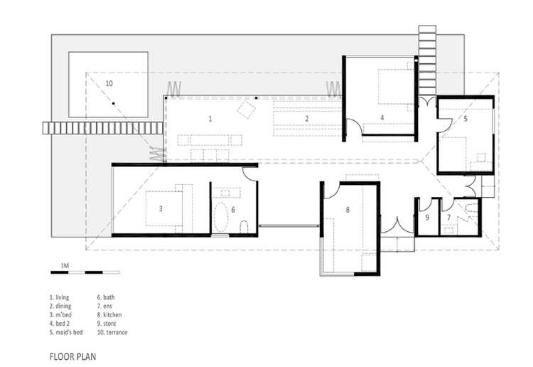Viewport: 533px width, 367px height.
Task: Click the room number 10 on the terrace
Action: pyautogui.click(x=109, y=83)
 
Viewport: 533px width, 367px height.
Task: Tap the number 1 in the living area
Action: pyautogui.click(x=210, y=119)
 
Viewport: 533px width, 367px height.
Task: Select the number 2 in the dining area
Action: pyautogui.click(x=307, y=119)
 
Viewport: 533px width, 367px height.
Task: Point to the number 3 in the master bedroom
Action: pyautogui.click(x=161, y=208)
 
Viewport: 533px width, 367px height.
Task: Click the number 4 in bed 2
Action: pyautogui.click(x=382, y=117)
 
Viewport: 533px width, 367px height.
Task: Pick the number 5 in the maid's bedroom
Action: pyautogui.click(x=465, y=118)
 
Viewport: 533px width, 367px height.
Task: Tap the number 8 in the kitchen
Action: pyautogui.click(x=348, y=210)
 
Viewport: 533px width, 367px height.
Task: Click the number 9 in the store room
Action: pyautogui.click(x=427, y=217)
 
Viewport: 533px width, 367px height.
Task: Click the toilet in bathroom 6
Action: pyautogui.click(x=244, y=227)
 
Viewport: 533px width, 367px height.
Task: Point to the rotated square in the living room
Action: pyautogui.click(x=247, y=110)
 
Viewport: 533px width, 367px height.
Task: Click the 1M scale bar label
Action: pyautogui.click(x=65, y=265)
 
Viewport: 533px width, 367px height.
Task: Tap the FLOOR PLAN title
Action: pyautogui.click(x=72, y=356)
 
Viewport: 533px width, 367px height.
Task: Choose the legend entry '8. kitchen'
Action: pyautogui.click(x=109, y=314)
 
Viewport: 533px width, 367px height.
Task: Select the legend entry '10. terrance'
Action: pyautogui.click(x=112, y=332)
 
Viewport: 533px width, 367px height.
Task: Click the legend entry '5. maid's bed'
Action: pyautogui.click(x=66, y=332)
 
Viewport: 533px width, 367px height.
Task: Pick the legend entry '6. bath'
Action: pyautogui.click(x=106, y=297)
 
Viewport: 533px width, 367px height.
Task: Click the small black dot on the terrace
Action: pyautogui.click(x=114, y=103)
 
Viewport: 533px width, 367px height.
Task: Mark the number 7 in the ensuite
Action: pyautogui.click(x=448, y=217)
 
